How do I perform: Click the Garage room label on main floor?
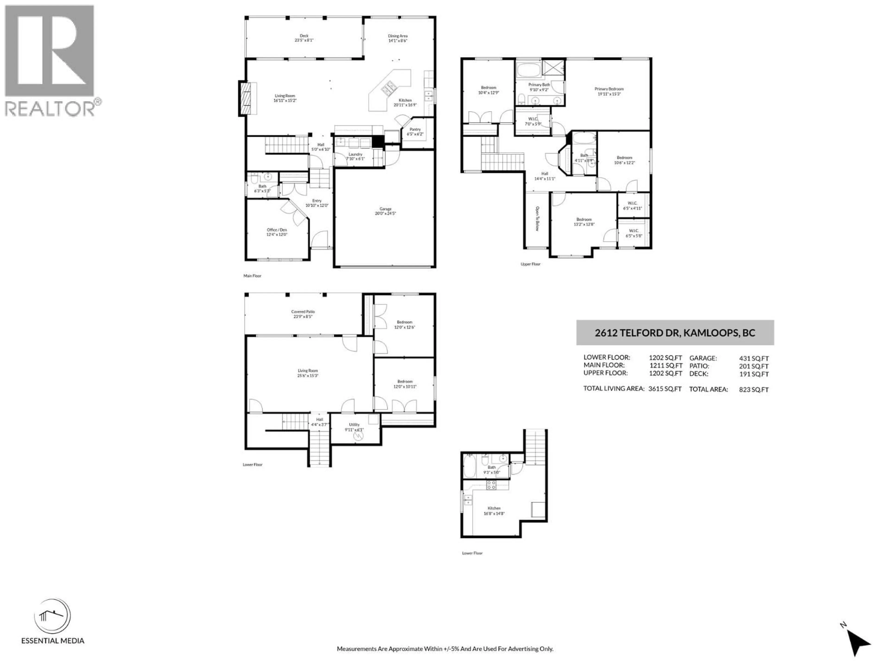coord(385,209)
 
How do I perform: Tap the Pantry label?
coord(415,129)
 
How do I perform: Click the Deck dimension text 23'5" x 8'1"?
coord(304,41)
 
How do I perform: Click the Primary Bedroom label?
coord(609,89)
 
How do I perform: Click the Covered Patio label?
coord(303,311)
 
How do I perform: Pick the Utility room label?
coord(354,425)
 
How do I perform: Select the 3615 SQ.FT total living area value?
coord(665,389)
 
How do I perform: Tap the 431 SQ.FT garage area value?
coord(754,358)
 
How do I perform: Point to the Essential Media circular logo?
coord(52,616)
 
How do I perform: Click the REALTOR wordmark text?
coord(50,109)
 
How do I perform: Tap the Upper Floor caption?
coord(530,264)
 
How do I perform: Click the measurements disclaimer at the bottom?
coord(445,648)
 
